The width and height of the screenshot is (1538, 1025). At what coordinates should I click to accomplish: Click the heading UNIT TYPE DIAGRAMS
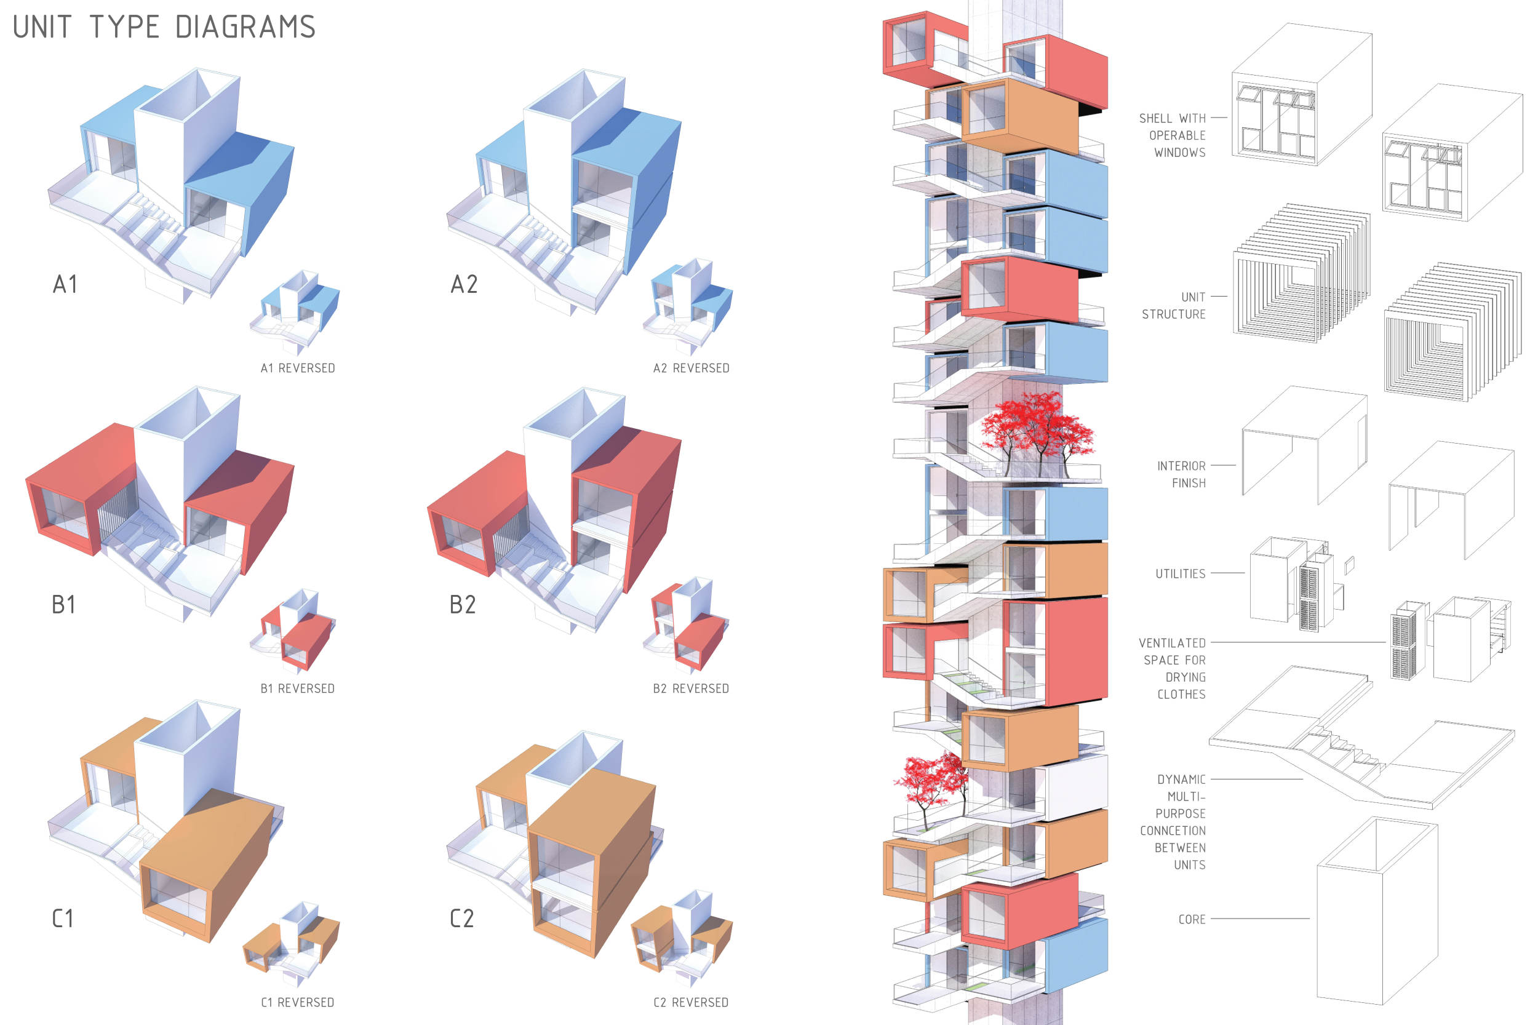[164, 27]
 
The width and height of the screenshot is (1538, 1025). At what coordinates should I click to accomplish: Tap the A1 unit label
[65, 284]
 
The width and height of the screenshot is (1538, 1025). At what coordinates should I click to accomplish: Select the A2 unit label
[464, 284]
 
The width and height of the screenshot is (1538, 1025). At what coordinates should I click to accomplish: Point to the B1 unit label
[63, 605]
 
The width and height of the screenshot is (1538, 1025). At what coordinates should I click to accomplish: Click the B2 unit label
[462, 605]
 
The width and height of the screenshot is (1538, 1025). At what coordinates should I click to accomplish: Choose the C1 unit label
[63, 919]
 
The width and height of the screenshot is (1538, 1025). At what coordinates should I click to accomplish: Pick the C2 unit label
[461, 919]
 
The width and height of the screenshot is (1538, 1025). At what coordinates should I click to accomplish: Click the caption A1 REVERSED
[297, 368]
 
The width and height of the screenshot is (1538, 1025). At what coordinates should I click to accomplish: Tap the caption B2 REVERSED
[691, 688]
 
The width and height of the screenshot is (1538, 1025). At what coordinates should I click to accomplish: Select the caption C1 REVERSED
[297, 1002]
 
